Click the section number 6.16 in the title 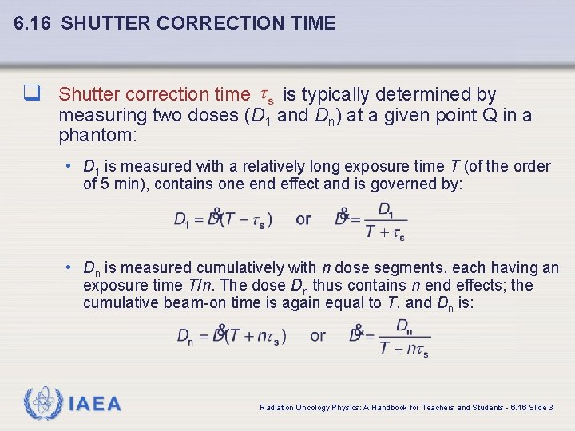point(34,23)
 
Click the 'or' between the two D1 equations point(303,219)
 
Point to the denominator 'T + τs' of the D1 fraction point(385,232)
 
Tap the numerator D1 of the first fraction point(386,210)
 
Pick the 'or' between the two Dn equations point(318,335)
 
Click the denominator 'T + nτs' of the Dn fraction point(404,349)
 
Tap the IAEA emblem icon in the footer point(42,404)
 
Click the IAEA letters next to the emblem point(95,405)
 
